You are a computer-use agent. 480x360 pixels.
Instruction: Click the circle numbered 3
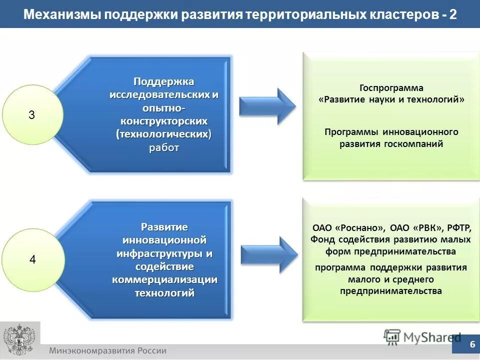coord(32,115)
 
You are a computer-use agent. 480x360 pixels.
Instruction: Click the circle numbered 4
coord(32,260)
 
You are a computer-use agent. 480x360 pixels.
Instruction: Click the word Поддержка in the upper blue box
coord(163,81)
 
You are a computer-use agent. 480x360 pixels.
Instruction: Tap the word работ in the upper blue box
coord(163,148)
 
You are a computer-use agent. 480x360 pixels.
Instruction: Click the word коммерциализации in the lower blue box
coord(164,279)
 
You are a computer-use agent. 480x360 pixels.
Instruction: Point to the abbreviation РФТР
coord(458,226)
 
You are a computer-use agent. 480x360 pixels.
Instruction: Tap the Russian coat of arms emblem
coord(18,340)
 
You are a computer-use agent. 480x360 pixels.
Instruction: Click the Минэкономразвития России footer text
coord(107,350)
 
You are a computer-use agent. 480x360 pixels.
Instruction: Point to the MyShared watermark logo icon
coord(392,336)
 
